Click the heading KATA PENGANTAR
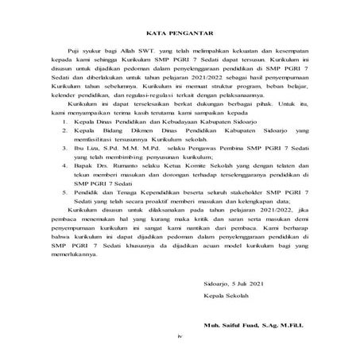(179, 33)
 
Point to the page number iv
(180, 338)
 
